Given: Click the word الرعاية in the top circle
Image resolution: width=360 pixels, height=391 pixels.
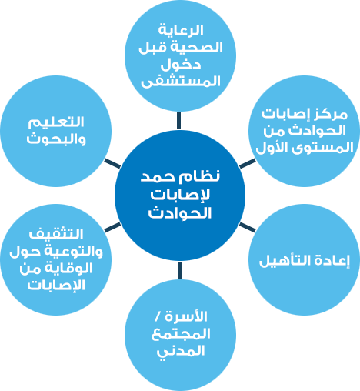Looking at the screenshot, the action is pos(181,31).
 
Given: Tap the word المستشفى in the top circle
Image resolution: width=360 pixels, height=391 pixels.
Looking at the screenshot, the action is pos(181,81).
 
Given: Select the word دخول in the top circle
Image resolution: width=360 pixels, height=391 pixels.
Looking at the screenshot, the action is pos(181,65).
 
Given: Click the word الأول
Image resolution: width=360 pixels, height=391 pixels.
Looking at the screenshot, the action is pos(272,148).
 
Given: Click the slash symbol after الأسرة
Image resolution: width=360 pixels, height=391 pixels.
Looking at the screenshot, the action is pos(157,316).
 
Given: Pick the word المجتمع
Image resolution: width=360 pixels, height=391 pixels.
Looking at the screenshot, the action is pos(181,334).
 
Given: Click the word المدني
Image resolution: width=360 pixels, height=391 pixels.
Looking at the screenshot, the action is pos(181,352).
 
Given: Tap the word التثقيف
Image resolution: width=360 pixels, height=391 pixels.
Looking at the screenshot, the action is pos(56,234).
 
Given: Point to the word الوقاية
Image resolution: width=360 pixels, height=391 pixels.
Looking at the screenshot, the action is pos(69,269).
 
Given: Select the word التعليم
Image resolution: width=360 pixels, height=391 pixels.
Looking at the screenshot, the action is pos(56,122).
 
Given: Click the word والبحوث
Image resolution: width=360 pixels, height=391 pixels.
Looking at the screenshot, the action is pos(56,139).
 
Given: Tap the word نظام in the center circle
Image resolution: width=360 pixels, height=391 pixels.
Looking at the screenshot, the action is pos(203,177).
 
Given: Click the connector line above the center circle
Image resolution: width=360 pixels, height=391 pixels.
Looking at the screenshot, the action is pos(179,121).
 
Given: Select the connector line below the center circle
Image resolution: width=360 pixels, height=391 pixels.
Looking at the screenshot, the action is pos(179,270).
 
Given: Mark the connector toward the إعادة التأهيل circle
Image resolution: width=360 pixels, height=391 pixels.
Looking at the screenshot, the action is pos(248,228).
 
